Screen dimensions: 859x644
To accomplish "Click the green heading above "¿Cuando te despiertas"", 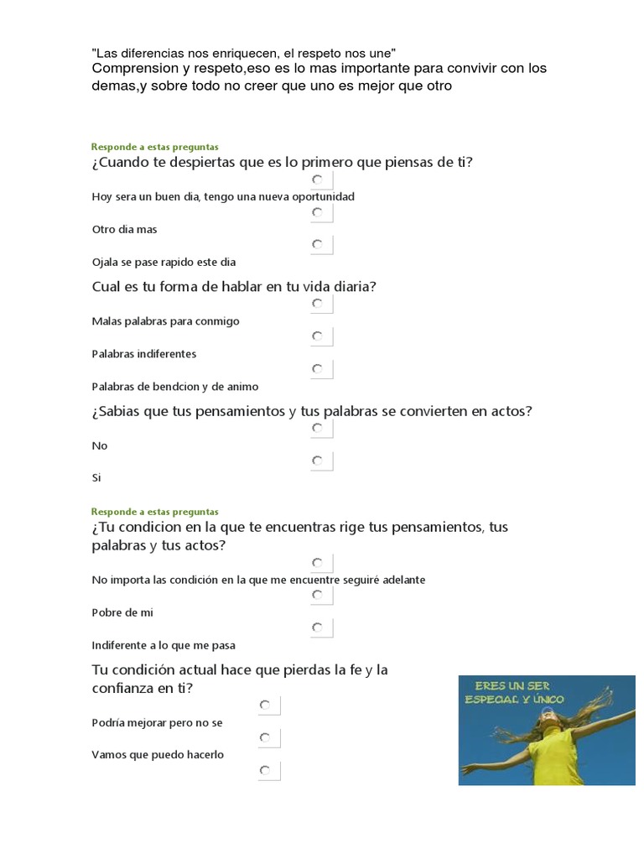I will [154, 147].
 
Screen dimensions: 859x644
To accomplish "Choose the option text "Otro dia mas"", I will [124, 229].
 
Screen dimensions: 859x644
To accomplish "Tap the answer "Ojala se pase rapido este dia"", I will [164, 262].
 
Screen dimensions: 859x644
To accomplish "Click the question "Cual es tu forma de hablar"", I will [233, 287].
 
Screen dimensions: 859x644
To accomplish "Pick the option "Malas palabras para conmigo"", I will [165, 320].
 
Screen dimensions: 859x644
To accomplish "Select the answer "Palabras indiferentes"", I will [143, 353].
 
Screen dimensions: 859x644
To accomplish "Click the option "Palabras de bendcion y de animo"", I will [174, 387].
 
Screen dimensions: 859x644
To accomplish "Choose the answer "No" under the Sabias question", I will [100, 445].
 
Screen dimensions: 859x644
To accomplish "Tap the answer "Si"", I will [96, 478].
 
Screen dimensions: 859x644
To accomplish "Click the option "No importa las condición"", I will [257, 580].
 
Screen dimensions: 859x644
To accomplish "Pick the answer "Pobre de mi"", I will [122, 612].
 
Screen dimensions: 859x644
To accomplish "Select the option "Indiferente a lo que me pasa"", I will [163, 645].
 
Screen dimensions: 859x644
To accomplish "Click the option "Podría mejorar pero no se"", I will [157, 722].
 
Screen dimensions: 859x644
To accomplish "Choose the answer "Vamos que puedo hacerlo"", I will [158, 754].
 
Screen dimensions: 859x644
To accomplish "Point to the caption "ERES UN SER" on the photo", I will [512, 686].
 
